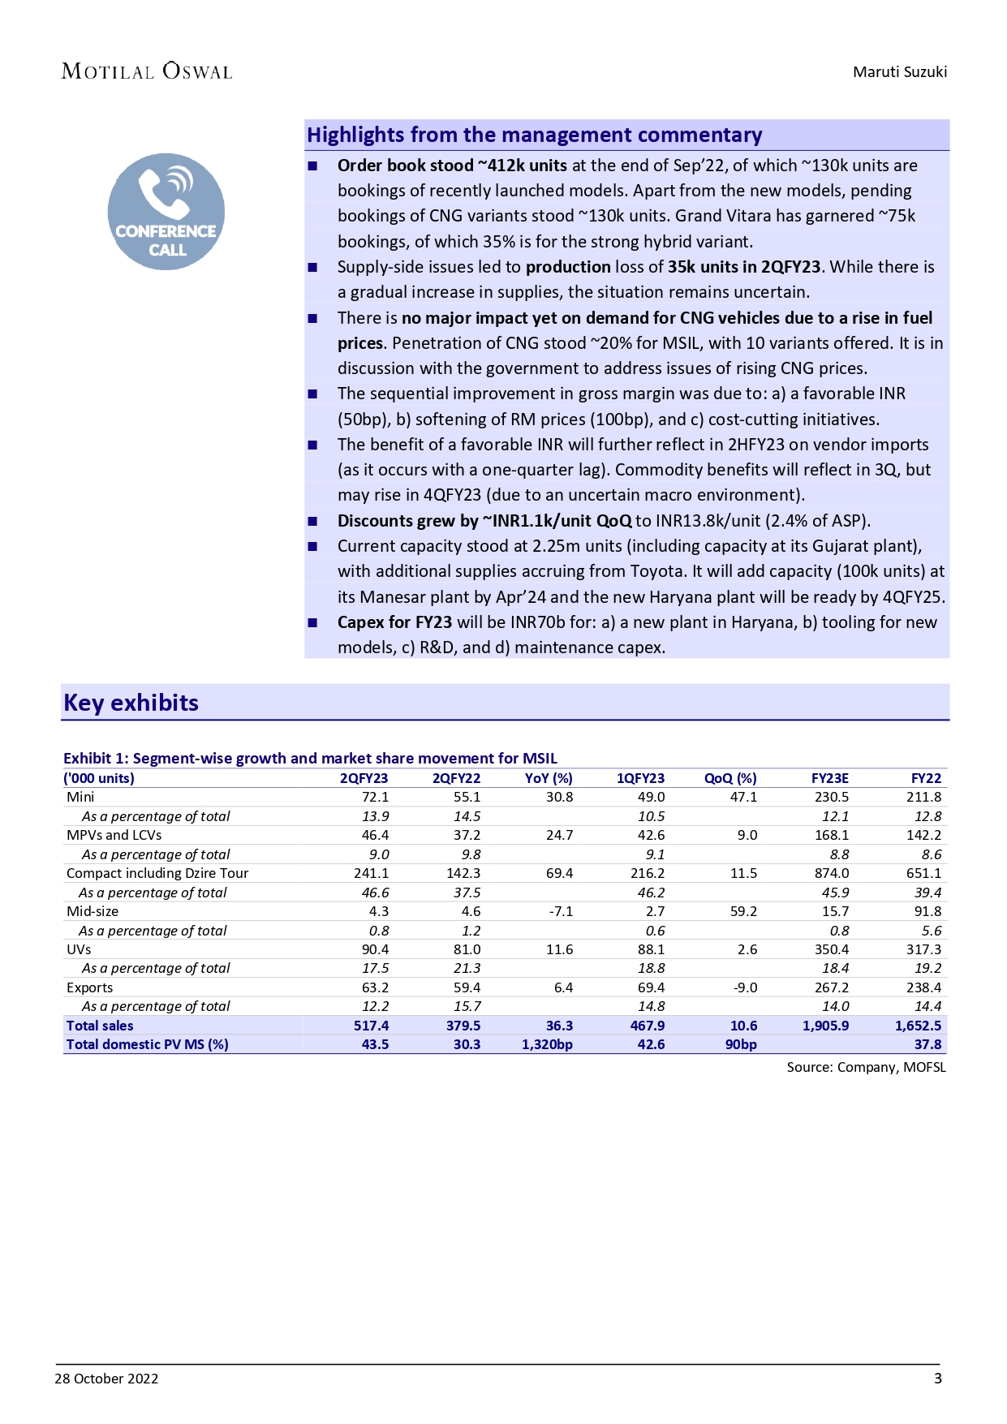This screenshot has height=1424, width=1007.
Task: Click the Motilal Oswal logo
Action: click(x=147, y=71)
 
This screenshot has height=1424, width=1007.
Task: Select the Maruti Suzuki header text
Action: click(x=899, y=71)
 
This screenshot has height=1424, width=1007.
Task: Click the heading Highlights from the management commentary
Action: click(x=534, y=135)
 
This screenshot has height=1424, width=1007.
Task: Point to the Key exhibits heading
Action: click(x=131, y=703)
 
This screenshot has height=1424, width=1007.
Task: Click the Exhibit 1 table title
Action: click(x=310, y=758)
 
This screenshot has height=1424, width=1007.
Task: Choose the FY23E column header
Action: click(x=829, y=778)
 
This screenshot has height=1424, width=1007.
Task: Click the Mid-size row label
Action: click(x=93, y=911)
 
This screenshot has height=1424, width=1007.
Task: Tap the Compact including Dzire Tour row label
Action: click(x=157, y=873)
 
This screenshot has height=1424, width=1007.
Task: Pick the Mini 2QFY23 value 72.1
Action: click(x=375, y=797)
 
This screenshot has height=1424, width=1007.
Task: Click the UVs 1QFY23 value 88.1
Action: click(x=651, y=949)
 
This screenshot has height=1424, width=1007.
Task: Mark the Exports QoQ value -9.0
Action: click(x=744, y=987)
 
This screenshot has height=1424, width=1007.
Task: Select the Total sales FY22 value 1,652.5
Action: click(x=918, y=1026)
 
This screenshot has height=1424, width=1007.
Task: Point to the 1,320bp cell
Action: click(x=547, y=1044)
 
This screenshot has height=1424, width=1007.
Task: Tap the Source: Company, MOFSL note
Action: click(x=866, y=1067)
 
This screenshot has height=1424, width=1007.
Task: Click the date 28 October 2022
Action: click(x=106, y=1379)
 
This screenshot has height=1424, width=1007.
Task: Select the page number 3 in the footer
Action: click(x=938, y=1379)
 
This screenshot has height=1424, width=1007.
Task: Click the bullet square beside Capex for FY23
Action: click(x=312, y=622)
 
